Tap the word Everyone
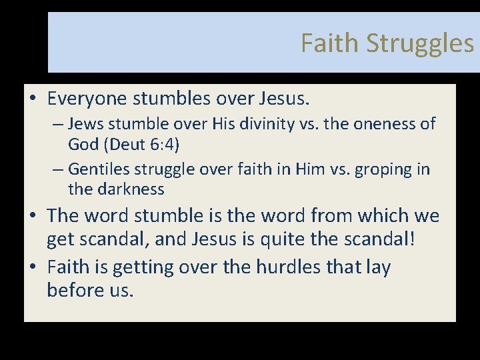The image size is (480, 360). tap(89, 99)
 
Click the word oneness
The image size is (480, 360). tap(389, 124)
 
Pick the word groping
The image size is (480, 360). tap(384, 169)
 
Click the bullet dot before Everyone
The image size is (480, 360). tap(32, 100)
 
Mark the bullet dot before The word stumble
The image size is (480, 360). tap(32, 216)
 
